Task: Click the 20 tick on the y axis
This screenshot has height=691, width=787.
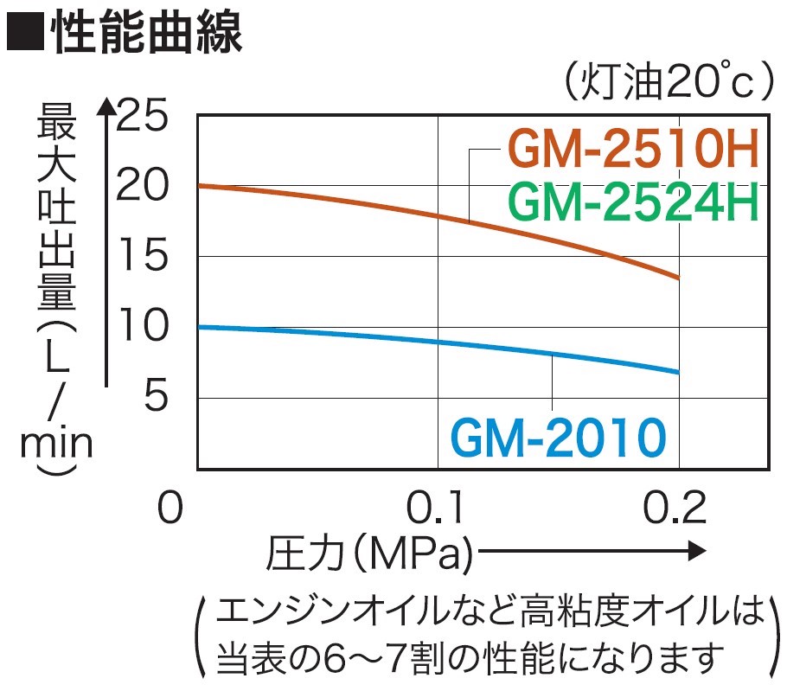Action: (x=144, y=185)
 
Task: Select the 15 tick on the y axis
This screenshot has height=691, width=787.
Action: (x=144, y=257)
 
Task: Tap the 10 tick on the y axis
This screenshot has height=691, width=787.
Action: (x=144, y=328)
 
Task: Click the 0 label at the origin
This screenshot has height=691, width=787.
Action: (x=170, y=508)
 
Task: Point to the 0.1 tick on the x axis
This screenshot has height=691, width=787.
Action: (x=438, y=508)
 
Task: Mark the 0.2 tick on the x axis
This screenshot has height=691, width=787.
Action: (x=678, y=508)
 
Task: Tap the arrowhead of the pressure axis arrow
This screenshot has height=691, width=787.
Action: (x=699, y=551)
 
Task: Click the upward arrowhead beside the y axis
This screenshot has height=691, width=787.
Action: (x=106, y=107)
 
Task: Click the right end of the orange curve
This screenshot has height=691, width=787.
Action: (x=678, y=278)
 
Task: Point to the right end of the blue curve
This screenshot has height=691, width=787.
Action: (x=678, y=372)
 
